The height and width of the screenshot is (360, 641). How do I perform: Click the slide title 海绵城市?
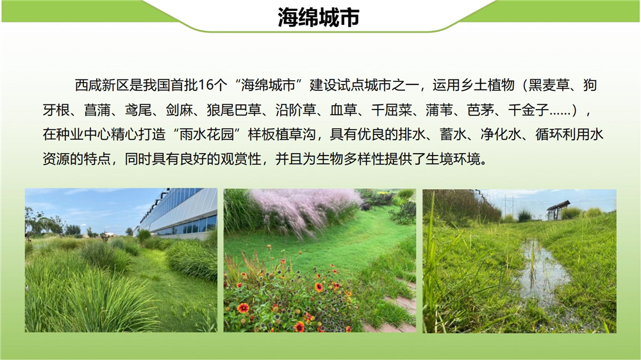(x=319, y=17)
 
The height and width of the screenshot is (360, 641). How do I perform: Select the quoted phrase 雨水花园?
(x=206, y=135)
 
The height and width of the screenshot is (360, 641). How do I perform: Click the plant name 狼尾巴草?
(x=234, y=110)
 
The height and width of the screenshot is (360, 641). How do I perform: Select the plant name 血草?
(x=344, y=110)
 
